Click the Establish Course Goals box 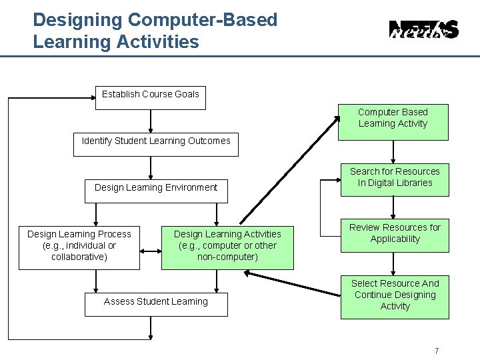pyautogui.click(x=150, y=97)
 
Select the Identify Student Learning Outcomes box pyautogui.click(x=155, y=144)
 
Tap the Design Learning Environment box pyautogui.click(x=155, y=190)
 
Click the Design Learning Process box pyautogui.click(x=79, y=246)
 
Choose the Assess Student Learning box pyautogui.click(x=155, y=303)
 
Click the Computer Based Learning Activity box pyautogui.click(x=393, y=121)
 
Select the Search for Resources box pyautogui.click(x=395, y=179)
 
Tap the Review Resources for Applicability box pyautogui.click(x=395, y=235)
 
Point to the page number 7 pyautogui.click(x=436, y=351)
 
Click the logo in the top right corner pyautogui.click(x=423, y=30)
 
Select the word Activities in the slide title pyautogui.click(x=157, y=42)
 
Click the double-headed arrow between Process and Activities pyautogui.click(x=151, y=251)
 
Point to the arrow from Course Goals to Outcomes pyautogui.click(x=151, y=120)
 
